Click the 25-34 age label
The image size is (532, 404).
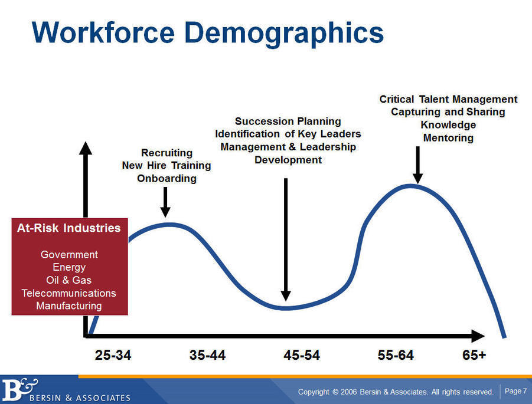pyautogui.click(x=113, y=355)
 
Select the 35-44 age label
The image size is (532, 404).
pyautogui.click(x=207, y=355)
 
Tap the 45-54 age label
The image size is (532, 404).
pyautogui.click(x=302, y=355)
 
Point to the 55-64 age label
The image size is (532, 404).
pyautogui.click(x=396, y=355)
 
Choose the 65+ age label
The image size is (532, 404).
pyautogui.click(x=474, y=355)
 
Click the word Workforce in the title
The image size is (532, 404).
pyautogui.click(x=103, y=32)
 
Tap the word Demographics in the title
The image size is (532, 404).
pyautogui.click(x=284, y=34)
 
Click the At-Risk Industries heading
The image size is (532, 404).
pyautogui.click(x=69, y=228)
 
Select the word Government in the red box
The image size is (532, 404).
pyautogui.click(x=69, y=254)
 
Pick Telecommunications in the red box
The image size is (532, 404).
pyautogui.click(x=69, y=293)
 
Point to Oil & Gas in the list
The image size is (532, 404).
pyautogui.click(x=69, y=280)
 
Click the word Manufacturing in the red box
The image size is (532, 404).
pyautogui.click(x=69, y=306)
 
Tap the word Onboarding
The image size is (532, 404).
pyautogui.click(x=167, y=179)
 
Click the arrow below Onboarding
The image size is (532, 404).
pyautogui.click(x=165, y=202)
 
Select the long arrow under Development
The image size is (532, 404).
pyautogui.click(x=286, y=239)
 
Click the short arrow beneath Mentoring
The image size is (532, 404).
pyautogui.click(x=417, y=165)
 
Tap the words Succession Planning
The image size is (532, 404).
pyautogui.click(x=288, y=121)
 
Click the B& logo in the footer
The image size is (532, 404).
pyautogui.click(x=19, y=389)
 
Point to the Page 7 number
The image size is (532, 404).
pyautogui.click(x=515, y=391)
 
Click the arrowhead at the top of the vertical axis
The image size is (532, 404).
pyautogui.click(x=86, y=148)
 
